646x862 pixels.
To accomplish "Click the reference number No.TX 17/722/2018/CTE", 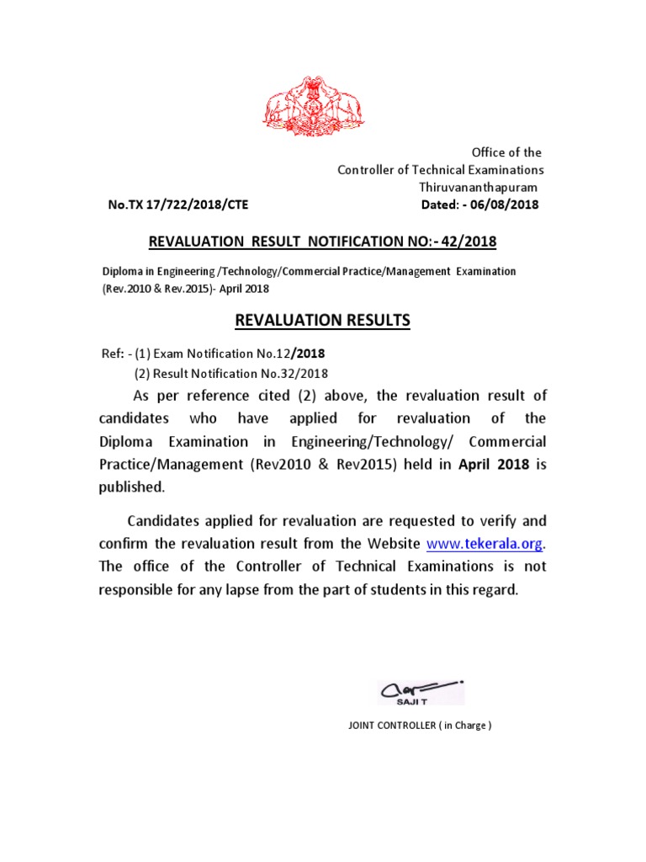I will click(x=177, y=205).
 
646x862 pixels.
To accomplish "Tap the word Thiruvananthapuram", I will click(x=479, y=187).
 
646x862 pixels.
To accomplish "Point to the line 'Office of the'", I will click(x=506, y=152).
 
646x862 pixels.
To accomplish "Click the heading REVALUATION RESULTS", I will click(x=322, y=320).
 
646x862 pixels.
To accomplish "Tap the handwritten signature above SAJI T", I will click(x=418, y=688).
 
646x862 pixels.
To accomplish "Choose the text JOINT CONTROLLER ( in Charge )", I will click(x=420, y=726).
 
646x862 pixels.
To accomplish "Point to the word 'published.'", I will click(x=132, y=487).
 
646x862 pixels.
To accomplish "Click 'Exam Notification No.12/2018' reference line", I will click(x=229, y=354).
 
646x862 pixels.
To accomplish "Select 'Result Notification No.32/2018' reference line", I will click(x=231, y=373).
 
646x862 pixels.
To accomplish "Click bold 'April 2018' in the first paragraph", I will click(x=494, y=464).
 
